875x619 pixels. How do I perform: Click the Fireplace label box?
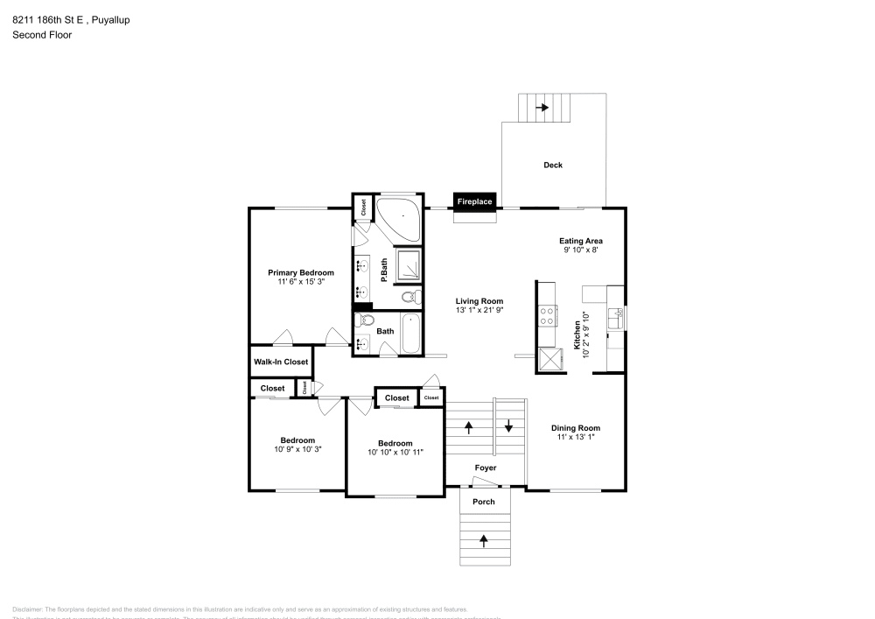pyautogui.click(x=474, y=202)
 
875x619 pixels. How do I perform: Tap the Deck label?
pyautogui.click(x=552, y=165)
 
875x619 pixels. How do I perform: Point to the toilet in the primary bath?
pyautogui.click(x=409, y=298)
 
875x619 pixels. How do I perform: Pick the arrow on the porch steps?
pyautogui.click(x=483, y=540)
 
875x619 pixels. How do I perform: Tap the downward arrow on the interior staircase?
pyautogui.click(x=508, y=427)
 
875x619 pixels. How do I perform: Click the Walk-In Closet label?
pyautogui.click(x=281, y=362)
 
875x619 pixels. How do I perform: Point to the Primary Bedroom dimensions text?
pyautogui.click(x=300, y=282)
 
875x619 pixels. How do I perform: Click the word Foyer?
pyautogui.click(x=485, y=468)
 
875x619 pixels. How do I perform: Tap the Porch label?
pyautogui.click(x=483, y=502)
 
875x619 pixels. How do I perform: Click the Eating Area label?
pyautogui.click(x=580, y=241)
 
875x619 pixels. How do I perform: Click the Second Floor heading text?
pyautogui.click(x=42, y=35)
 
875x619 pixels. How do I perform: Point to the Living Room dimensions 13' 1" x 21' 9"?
pyautogui.click(x=479, y=310)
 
